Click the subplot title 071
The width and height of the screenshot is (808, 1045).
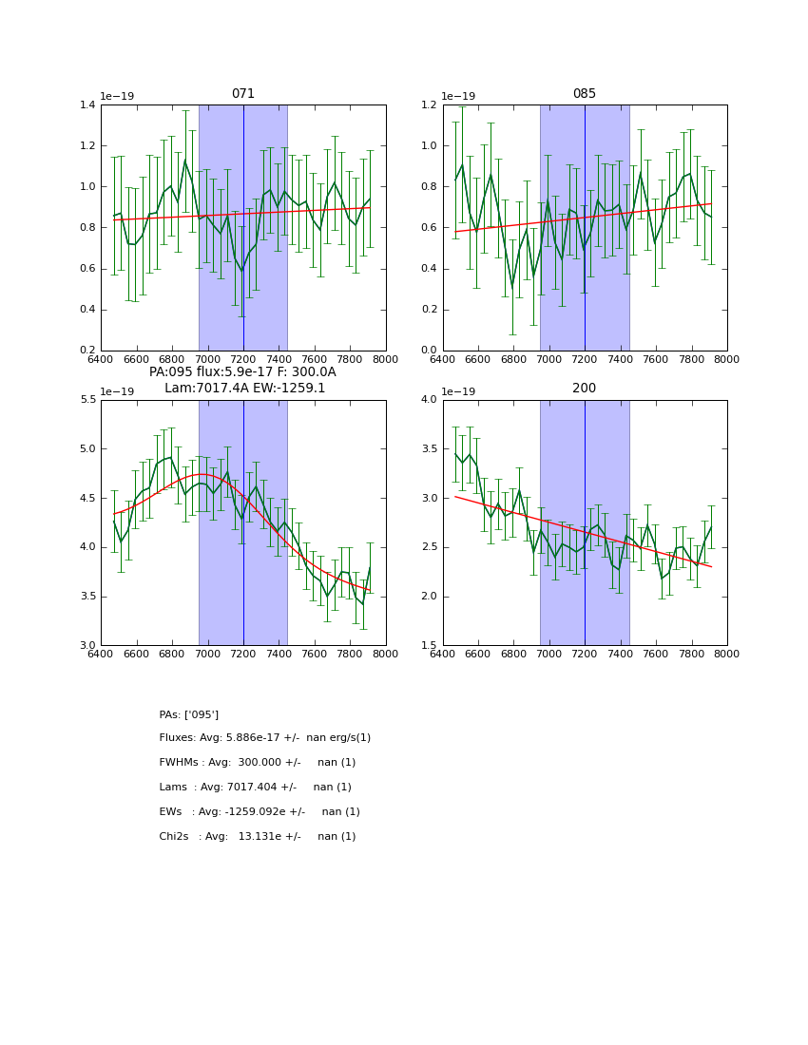click(243, 94)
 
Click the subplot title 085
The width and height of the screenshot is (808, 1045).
click(585, 94)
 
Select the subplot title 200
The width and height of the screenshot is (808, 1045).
click(585, 389)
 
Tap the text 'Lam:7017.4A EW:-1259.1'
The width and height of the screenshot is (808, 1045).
click(244, 388)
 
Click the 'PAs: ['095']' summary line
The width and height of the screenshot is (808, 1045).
click(189, 714)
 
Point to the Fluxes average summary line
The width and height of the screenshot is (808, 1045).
click(265, 738)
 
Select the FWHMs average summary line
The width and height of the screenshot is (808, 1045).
click(258, 763)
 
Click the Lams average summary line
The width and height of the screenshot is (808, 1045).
click(256, 788)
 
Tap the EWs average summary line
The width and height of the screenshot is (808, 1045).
click(260, 812)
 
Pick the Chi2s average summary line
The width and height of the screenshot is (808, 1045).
click(258, 837)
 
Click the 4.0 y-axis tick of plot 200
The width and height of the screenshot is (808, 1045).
click(428, 400)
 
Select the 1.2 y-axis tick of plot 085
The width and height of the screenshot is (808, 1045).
click(428, 104)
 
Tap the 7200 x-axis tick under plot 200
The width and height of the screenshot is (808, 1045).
click(585, 654)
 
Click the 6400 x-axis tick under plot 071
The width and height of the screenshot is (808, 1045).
click(101, 359)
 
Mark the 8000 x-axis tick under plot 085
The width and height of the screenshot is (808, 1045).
click(727, 359)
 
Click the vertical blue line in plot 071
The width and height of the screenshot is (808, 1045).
click(243, 228)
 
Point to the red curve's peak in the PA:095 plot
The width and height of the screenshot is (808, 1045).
click(202, 474)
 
